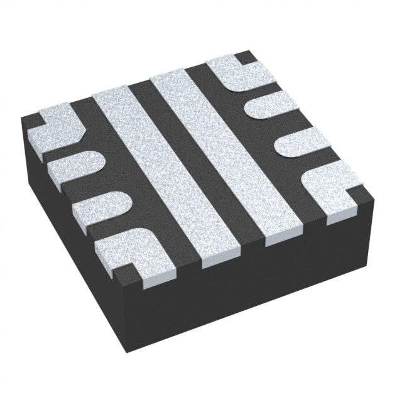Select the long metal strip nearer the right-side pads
tap(232, 151)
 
